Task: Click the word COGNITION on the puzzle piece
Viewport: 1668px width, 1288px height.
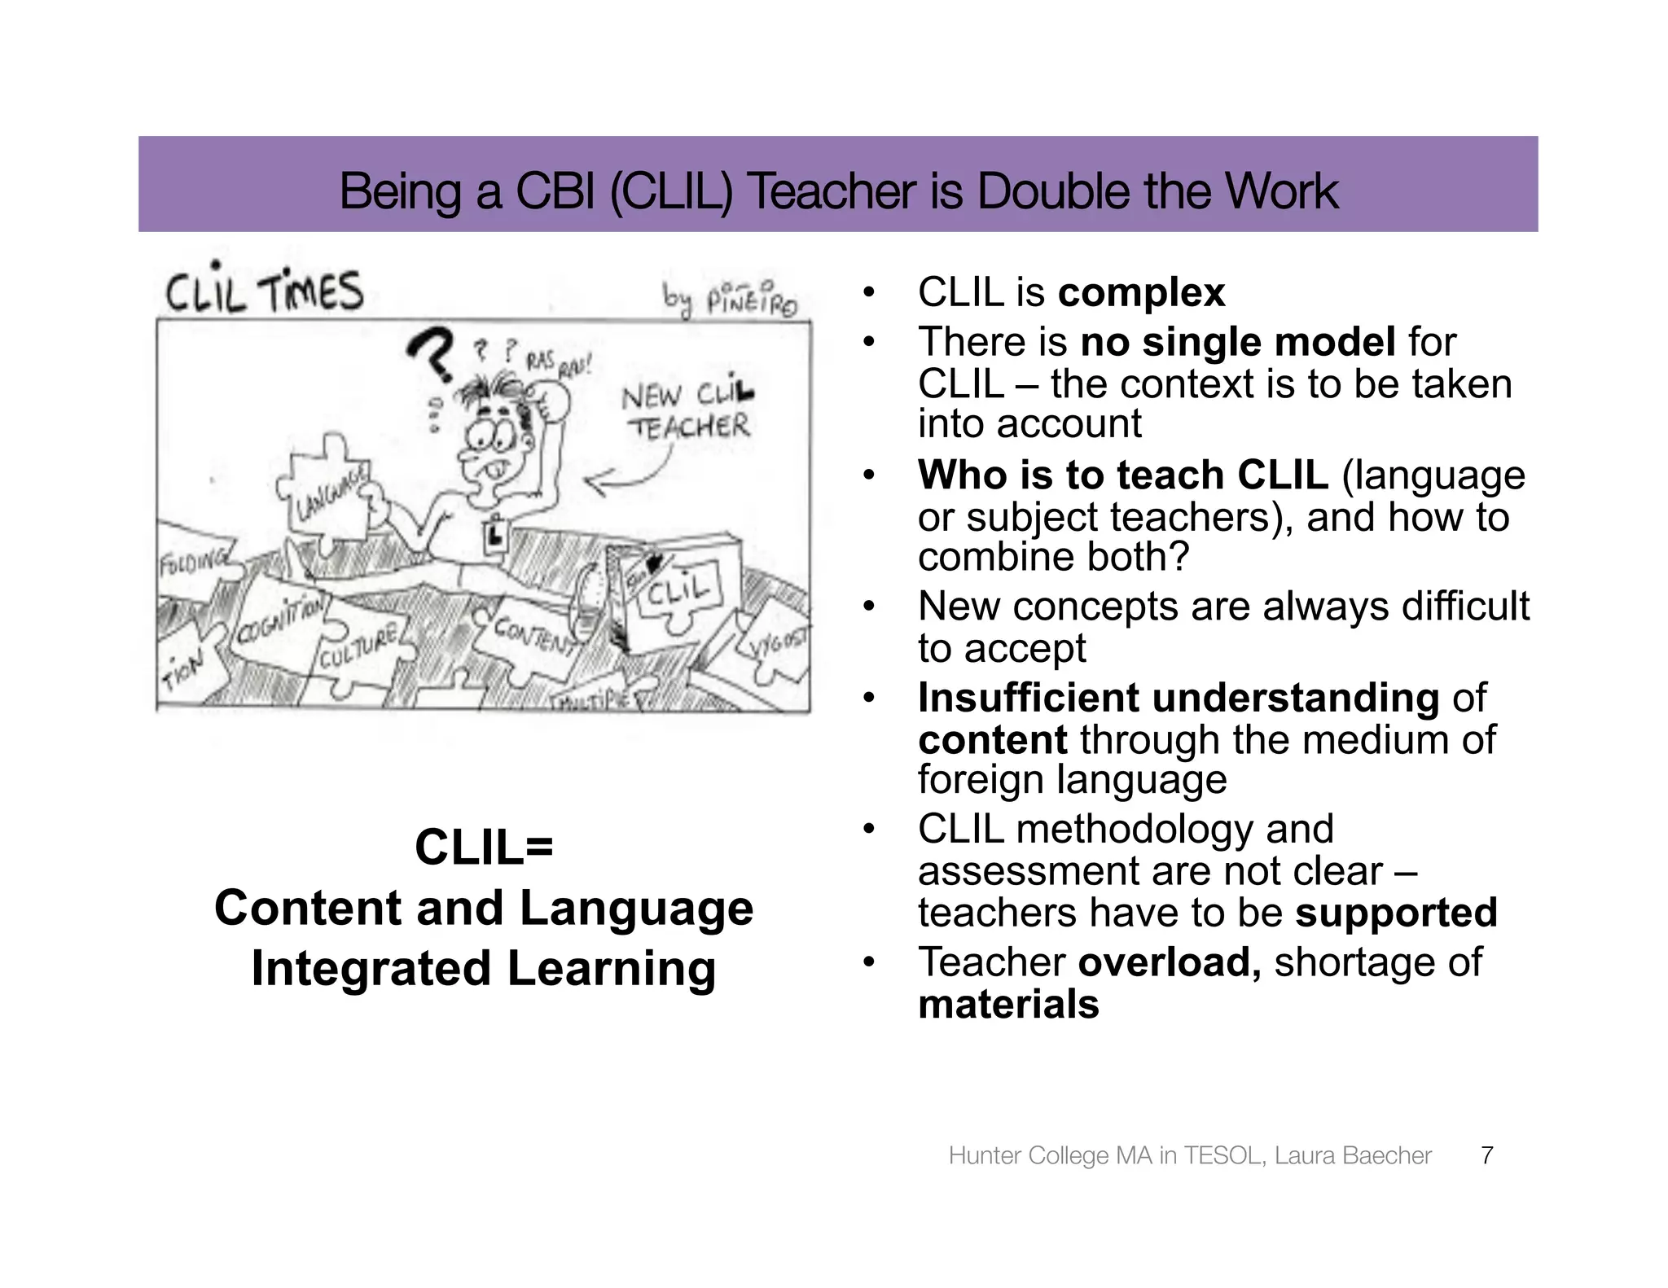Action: (x=281, y=625)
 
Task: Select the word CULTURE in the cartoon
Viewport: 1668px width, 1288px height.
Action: (x=358, y=646)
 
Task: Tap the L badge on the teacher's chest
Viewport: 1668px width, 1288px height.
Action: (x=494, y=534)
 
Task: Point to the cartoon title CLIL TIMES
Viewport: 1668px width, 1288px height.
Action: (x=265, y=291)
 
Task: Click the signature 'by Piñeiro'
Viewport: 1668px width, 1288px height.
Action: (x=730, y=300)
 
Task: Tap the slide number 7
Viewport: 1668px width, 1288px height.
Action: (x=1486, y=1155)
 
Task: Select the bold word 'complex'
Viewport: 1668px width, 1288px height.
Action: (x=1141, y=292)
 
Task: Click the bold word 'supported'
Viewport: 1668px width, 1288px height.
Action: (x=1396, y=913)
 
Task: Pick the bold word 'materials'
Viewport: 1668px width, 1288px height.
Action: (x=1008, y=1004)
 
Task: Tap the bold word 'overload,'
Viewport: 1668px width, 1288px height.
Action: (x=1170, y=962)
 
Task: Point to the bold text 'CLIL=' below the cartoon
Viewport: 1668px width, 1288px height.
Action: (x=484, y=847)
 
